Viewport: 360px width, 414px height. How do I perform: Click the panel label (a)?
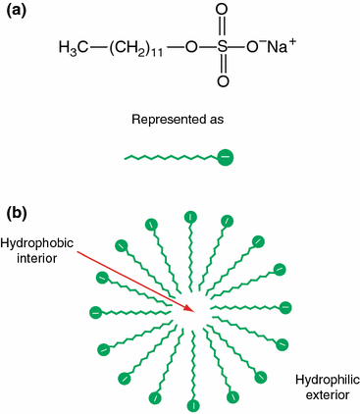click(x=17, y=12)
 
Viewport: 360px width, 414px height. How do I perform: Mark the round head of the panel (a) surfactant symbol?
click(x=226, y=156)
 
